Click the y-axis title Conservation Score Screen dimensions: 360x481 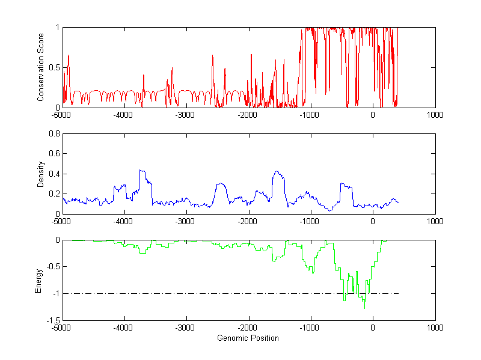point(41,67)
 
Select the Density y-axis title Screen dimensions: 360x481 point(41,174)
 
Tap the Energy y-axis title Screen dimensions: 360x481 point(38,280)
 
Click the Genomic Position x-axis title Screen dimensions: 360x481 point(248,338)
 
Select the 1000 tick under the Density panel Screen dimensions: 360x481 point(435,221)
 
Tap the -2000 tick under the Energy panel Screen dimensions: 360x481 point(248,328)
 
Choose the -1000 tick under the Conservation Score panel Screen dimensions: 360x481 point(310,115)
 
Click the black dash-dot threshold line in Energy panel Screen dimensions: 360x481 point(180,294)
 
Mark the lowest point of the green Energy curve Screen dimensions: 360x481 point(364,308)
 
